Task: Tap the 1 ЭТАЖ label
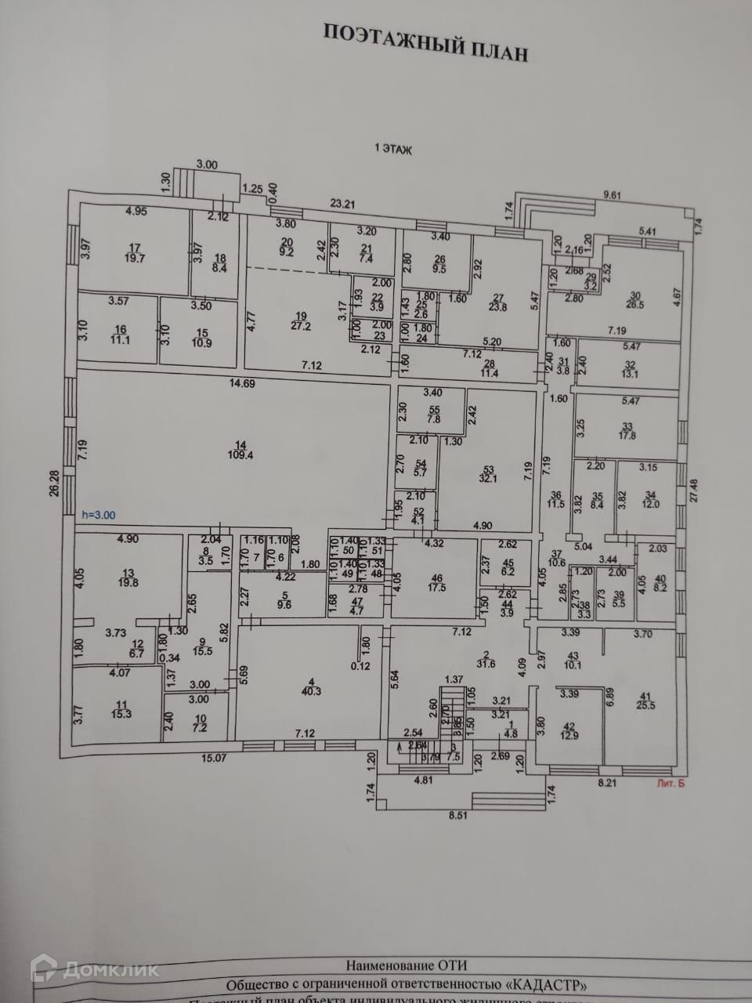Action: tap(393, 149)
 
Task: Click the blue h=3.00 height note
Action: tap(98, 516)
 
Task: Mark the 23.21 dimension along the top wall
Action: tap(342, 205)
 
